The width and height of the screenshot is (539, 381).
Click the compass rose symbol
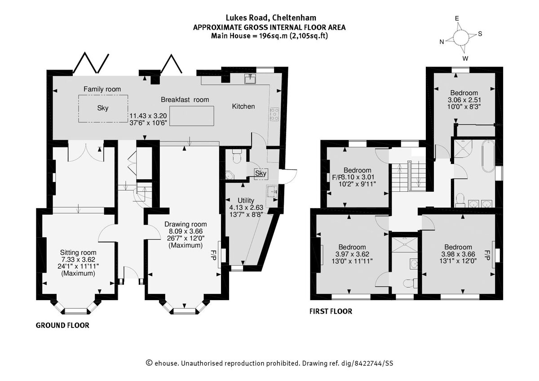pyautogui.click(x=461, y=37)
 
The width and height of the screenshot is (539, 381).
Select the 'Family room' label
pyautogui.click(x=102, y=89)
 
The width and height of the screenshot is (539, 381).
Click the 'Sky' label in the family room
pyautogui.click(x=102, y=108)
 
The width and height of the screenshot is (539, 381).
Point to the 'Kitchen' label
pyautogui.click(x=243, y=106)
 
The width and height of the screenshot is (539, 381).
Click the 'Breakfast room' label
pyautogui.click(x=185, y=100)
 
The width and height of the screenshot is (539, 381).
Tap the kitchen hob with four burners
pyautogui.click(x=274, y=114)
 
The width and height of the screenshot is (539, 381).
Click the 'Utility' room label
pyautogui.click(x=246, y=200)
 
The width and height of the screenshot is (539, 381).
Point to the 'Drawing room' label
pyautogui.click(x=185, y=224)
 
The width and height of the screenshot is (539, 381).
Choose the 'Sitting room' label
pyautogui.click(x=78, y=253)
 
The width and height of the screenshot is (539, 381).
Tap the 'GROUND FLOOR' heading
pyautogui.click(x=62, y=325)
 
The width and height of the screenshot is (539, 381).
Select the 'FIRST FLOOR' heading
pyautogui.click(x=331, y=311)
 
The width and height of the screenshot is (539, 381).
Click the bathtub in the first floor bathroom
pyautogui.click(x=487, y=156)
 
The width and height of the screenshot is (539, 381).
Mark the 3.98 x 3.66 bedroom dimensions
pyautogui.click(x=458, y=254)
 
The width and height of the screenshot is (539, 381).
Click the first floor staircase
pyautogui.click(x=409, y=176)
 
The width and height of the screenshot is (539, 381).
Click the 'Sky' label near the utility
pyautogui.click(x=261, y=173)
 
